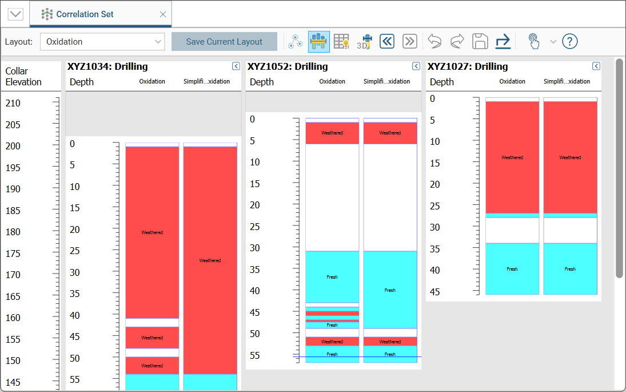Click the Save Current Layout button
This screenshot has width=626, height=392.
pyautogui.click(x=224, y=42)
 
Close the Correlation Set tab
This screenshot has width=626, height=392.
pyautogui.click(x=163, y=14)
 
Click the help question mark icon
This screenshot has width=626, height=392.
pyautogui.click(x=569, y=41)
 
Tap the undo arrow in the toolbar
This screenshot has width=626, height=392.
pyautogui.click(x=434, y=41)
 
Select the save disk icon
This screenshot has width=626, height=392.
pyautogui.click(x=480, y=41)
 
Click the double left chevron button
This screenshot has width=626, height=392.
pyautogui.click(x=387, y=41)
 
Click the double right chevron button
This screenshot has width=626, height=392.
pyautogui.click(x=409, y=41)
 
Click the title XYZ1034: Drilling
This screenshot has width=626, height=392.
pyautogui.click(x=107, y=66)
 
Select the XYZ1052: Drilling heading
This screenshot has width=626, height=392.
pyautogui.click(x=288, y=66)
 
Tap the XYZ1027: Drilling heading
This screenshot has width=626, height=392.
pyautogui.click(x=468, y=66)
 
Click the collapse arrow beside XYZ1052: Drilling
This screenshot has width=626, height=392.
pyautogui.click(x=416, y=66)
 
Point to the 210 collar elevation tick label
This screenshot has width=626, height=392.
pyautogui.click(x=13, y=104)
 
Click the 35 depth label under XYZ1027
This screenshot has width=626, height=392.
pyautogui.click(x=435, y=249)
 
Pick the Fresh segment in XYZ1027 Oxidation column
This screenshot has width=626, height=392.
pyautogui.click(x=512, y=268)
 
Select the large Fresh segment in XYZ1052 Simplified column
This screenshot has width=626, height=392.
pyautogui.click(x=390, y=290)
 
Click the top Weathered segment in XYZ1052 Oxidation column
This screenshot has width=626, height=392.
pyautogui.click(x=332, y=133)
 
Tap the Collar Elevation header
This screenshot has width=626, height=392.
pyautogui.click(x=23, y=77)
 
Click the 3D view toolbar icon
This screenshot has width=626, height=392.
pyautogui.click(x=364, y=42)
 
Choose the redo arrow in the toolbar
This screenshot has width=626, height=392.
pyautogui.click(x=457, y=41)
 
